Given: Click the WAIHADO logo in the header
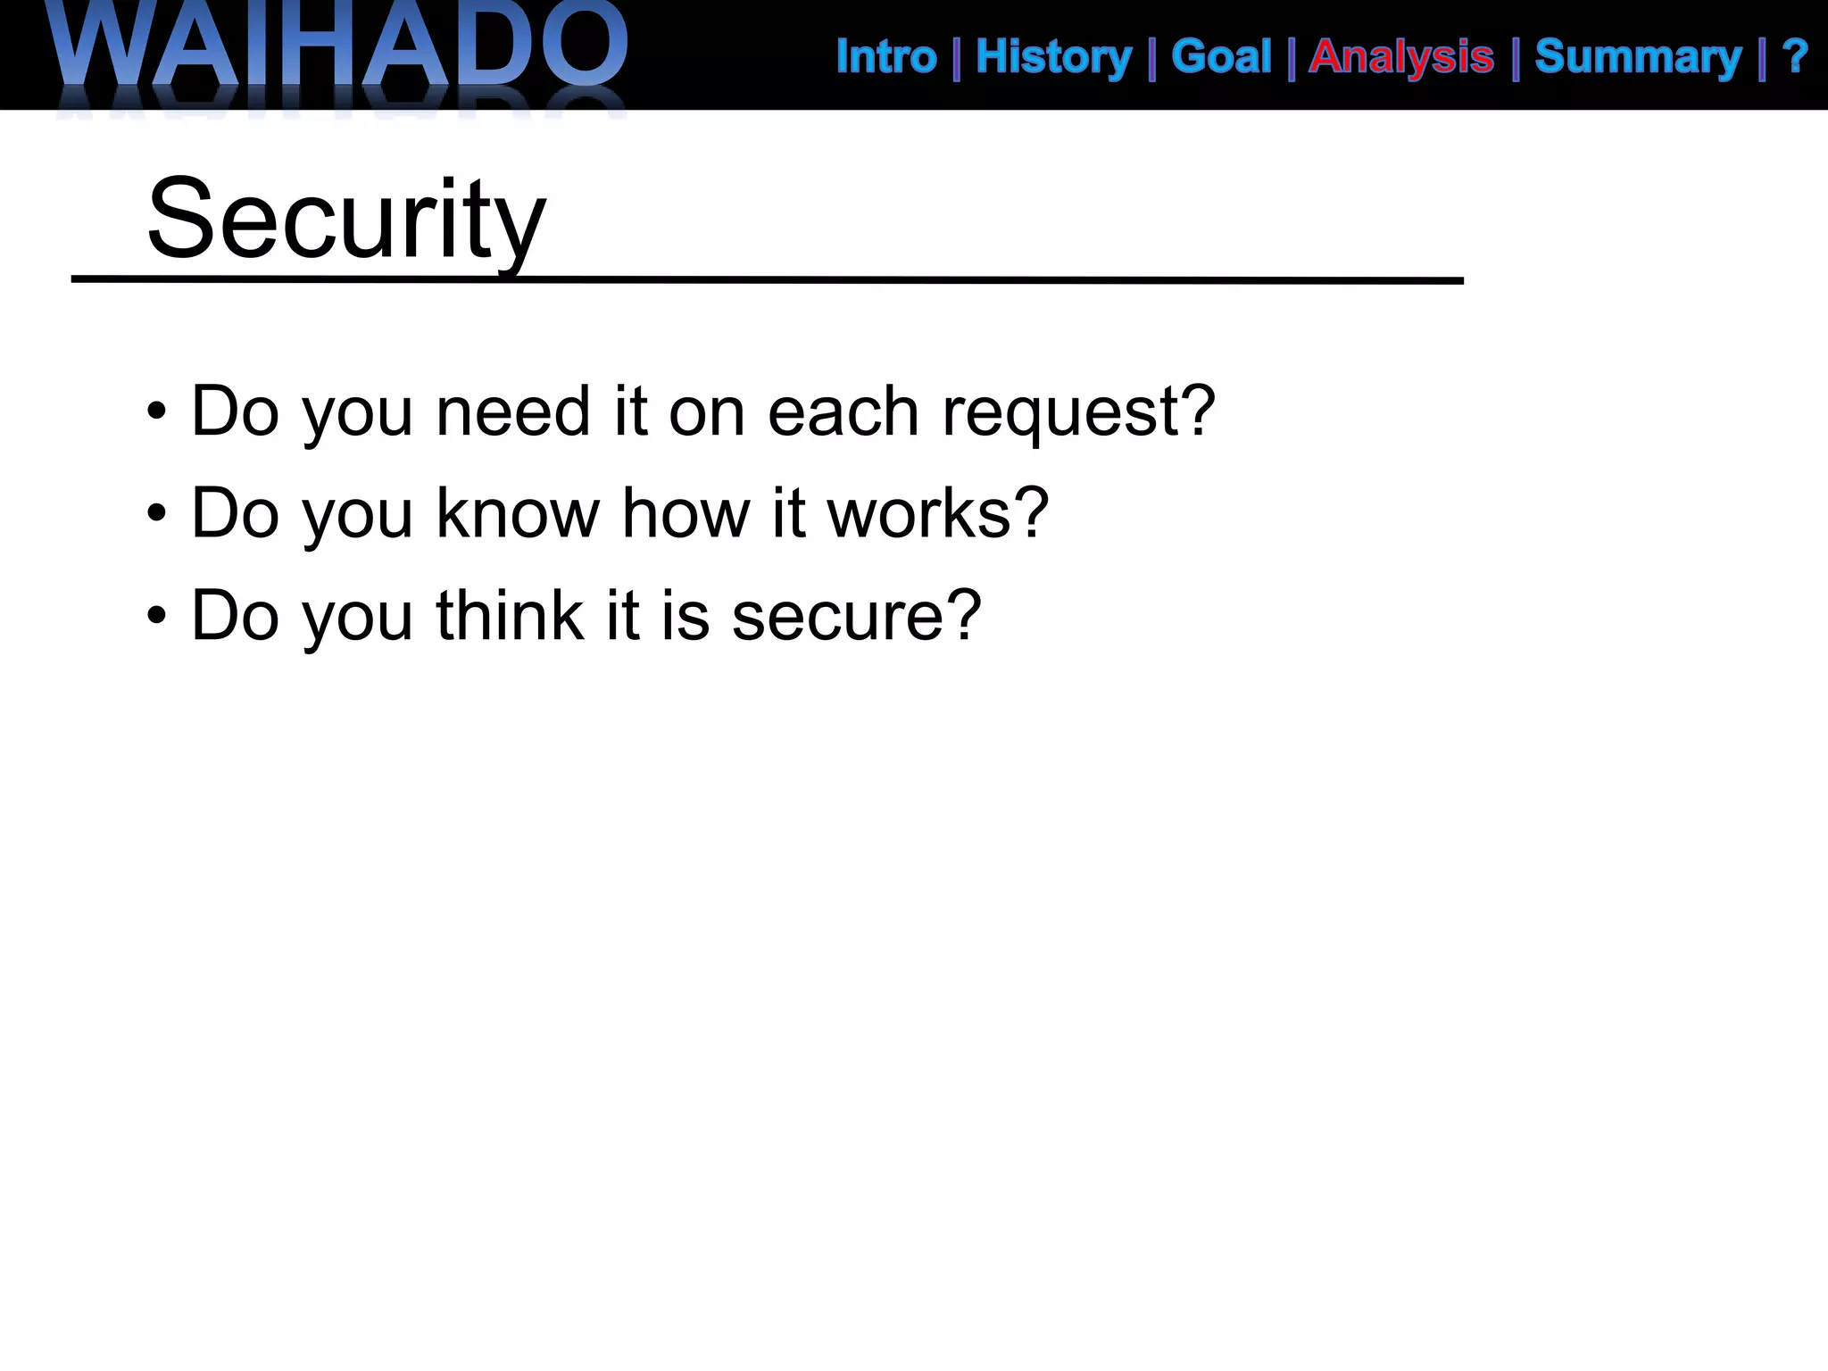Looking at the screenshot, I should tap(339, 49).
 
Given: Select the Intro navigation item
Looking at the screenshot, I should tap(886, 57).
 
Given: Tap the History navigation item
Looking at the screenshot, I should tap(1053, 57).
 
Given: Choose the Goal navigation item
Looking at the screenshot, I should tap(1221, 57).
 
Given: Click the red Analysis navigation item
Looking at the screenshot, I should tap(1401, 57).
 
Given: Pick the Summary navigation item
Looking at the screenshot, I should tap(1638, 57).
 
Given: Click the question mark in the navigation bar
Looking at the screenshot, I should tap(1794, 57).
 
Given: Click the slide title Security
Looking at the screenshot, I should tap(346, 219).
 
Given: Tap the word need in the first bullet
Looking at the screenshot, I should tap(513, 412).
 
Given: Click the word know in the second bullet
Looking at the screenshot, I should tap(518, 514).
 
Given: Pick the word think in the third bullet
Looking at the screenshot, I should tap(509, 617).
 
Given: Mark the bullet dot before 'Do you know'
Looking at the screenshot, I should tap(157, 514).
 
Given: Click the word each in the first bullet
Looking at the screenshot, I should tap(843, 412).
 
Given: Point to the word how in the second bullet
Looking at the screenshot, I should tap(685, 514).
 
